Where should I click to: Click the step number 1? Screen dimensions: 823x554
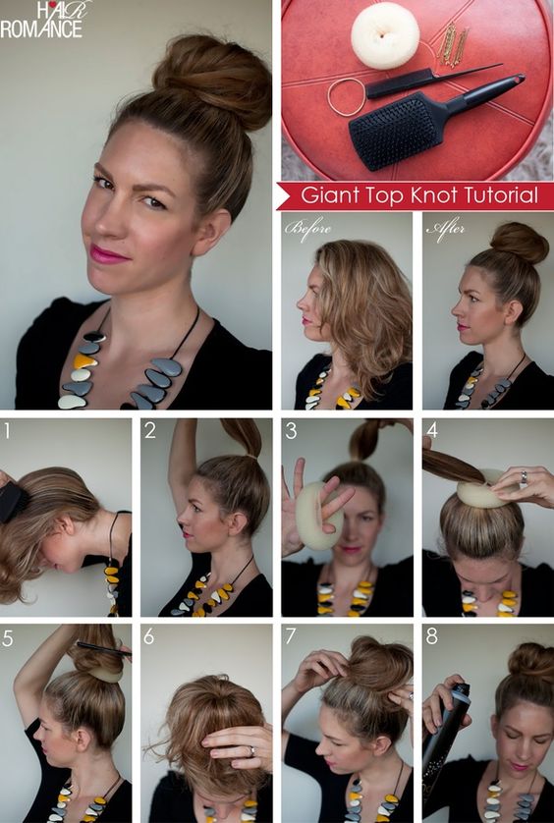pos(8,430)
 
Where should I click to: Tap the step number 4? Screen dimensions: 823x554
pos(432,430)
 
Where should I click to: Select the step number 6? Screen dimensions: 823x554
pos(148,636)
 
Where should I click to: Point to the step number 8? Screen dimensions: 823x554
pos(432,636)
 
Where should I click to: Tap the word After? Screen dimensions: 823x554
pos(444,229)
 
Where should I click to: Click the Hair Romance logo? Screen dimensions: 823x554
pos(44,19)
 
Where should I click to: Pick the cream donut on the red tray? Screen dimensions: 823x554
pos(385,35)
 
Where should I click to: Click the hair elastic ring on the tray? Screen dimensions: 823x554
pos(346,96)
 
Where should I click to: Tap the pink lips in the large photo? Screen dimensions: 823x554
pos(109,253)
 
